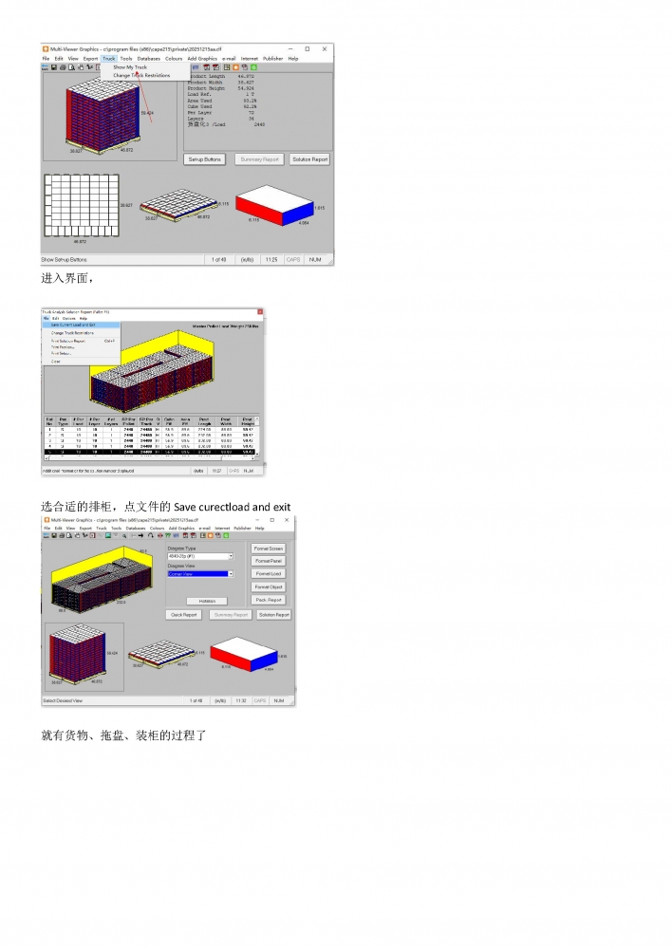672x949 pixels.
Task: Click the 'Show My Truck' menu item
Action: tap(130, 67)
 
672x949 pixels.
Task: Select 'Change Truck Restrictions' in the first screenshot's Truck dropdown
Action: tap(141, 75)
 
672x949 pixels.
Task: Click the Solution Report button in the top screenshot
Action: tap(309, 159)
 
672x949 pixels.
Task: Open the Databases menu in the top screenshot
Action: tap(148, 58)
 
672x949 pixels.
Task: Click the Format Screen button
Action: tap(269, 549)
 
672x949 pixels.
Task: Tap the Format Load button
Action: tap(269, 574)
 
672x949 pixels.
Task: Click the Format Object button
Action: tap(269, 586)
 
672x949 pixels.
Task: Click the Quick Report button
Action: tap(184, 615)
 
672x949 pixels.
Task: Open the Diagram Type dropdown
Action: tap(199, 556)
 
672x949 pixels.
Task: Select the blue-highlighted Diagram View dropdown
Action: tap(199, 574)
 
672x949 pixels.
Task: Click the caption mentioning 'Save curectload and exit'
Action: tap(166, 507)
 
